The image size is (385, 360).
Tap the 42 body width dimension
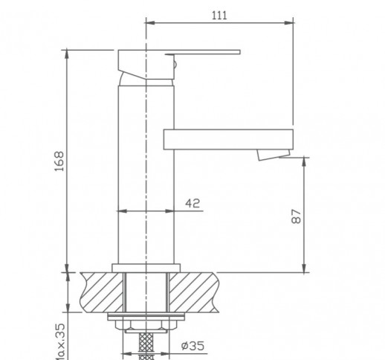click(192, 202)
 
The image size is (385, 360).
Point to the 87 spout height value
click(296, 216)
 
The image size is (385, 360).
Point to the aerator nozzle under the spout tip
click(269, 154)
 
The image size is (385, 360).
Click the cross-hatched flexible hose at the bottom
click(146, 346)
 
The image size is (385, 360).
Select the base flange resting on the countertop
click(146, 266)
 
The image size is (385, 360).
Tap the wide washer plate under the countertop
click(146, 319)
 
